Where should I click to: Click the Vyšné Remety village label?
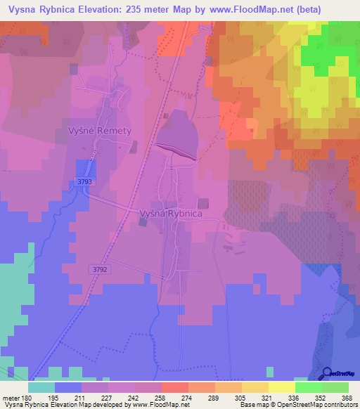[100, 131]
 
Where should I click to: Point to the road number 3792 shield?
[100, 268]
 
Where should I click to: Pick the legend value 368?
[347, 398]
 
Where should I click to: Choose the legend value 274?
[187, 398]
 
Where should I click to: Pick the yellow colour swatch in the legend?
[281, 387]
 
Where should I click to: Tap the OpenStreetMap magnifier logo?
[328, 375]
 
